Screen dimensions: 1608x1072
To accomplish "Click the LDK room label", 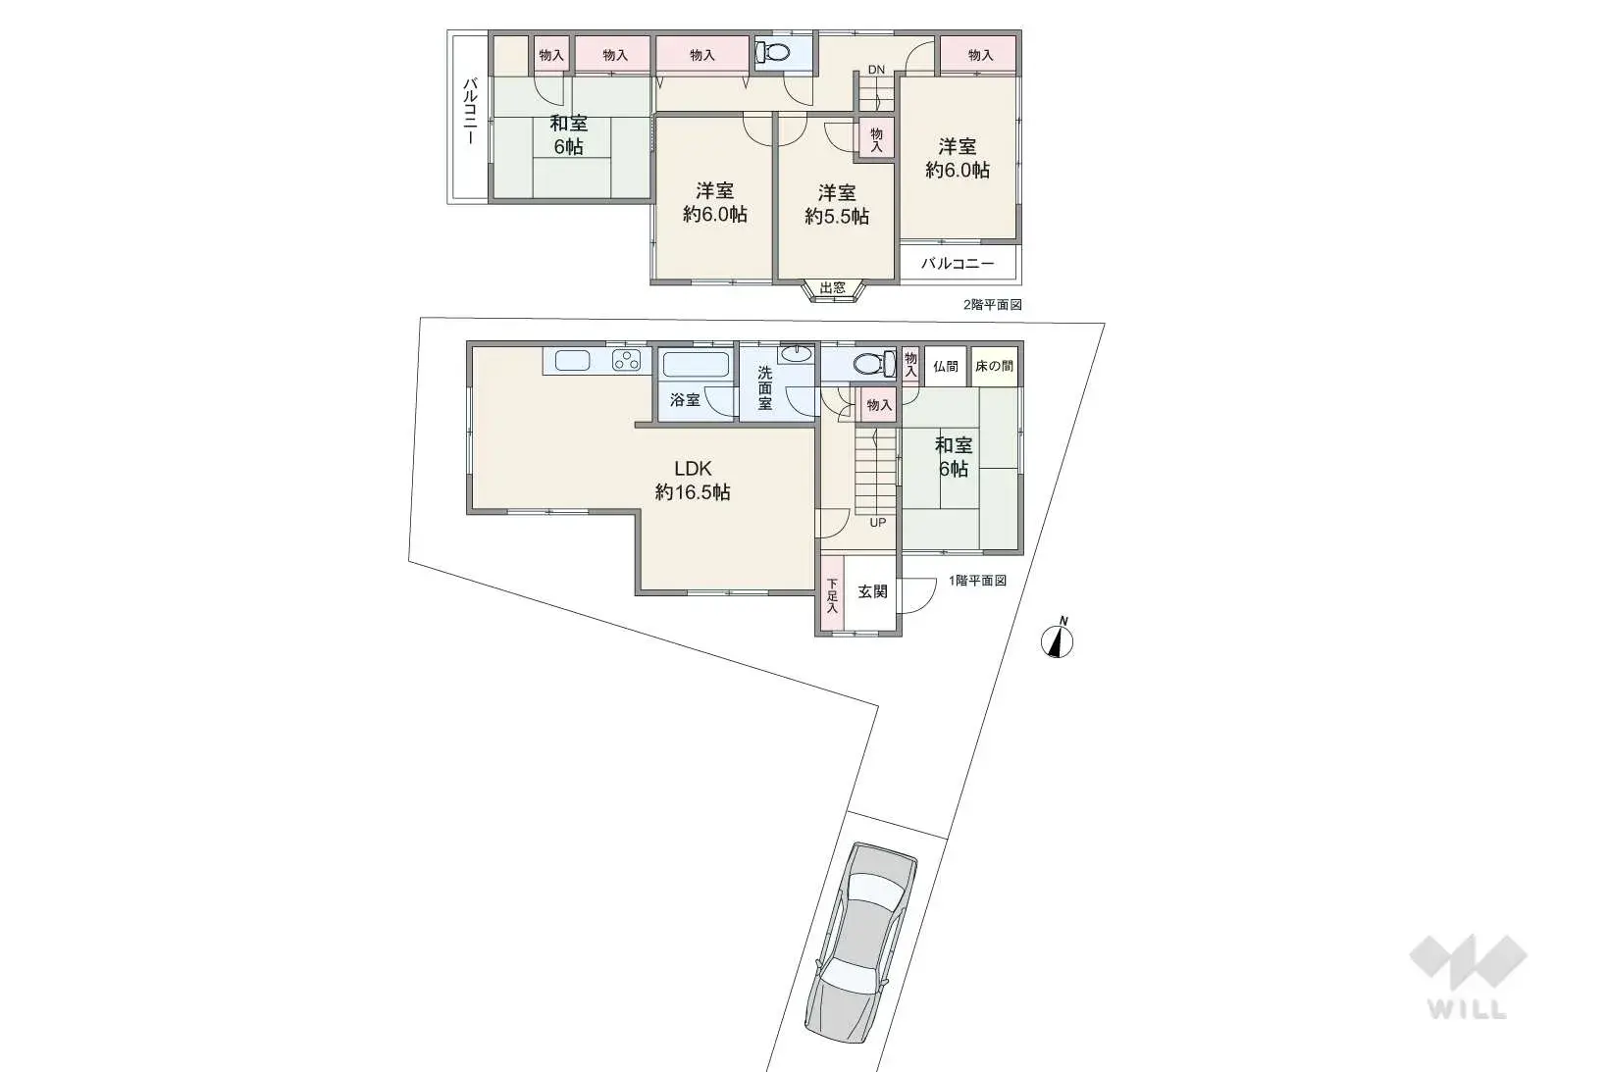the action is click(693, 469).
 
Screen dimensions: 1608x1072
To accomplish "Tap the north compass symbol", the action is click(1058, 639).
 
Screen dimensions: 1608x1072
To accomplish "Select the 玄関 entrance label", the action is click(873, 591).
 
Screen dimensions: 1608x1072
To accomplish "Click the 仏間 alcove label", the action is click(946, 367).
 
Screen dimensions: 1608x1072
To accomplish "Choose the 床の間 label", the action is click(994, 367).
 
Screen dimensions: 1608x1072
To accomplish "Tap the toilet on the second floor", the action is click(772, 52).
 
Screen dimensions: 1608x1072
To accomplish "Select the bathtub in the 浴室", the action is click(696, 365).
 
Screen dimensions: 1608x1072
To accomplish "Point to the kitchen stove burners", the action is click(626, 360).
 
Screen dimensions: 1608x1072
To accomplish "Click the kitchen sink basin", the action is click(572, 360).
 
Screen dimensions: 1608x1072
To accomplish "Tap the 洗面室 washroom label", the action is click(765, 388).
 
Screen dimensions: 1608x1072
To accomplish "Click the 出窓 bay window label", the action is click(833, 288).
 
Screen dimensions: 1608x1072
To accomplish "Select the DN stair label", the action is click(876, 70).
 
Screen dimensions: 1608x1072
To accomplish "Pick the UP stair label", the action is click(878, 523).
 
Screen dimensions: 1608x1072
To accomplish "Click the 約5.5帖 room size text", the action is click(837, 216).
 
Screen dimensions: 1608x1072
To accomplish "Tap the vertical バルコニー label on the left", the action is click(470, 112).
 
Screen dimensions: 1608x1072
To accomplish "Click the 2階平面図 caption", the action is click(992, 305).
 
